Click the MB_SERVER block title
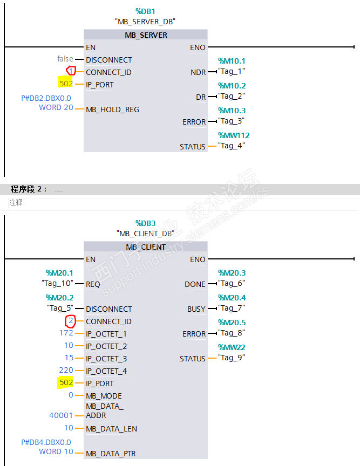(146, 35)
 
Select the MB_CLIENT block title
(146, 247)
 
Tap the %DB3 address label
(145, 223)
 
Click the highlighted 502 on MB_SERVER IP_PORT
(66, 84)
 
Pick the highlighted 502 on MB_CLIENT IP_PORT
(66, 383)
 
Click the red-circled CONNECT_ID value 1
(71, 71)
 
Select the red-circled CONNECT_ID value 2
(70, 321)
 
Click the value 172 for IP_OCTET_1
(66, 333)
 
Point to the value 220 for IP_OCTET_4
(66, 370)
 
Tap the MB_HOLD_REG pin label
(112, 109)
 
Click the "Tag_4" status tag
(231, 146)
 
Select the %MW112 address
(234, 135)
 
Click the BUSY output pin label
(196, 309)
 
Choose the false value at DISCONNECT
(65, 59)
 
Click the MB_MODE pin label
(104, 396)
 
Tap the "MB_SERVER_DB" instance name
(145, 22)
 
